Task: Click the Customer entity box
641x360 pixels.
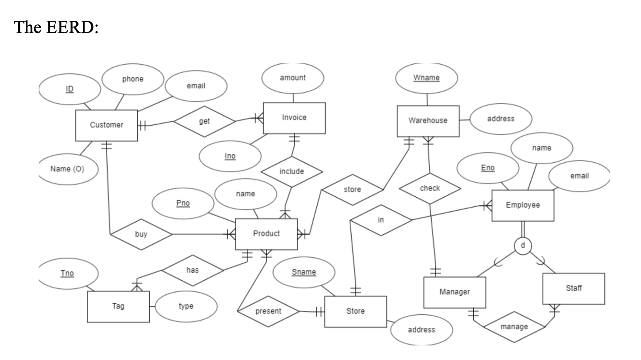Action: tap(106, 125)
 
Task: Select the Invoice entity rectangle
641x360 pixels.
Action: tap(294, 118)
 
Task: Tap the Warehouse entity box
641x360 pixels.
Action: tap(428, 121)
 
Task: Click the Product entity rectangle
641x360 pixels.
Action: tap(266, 234)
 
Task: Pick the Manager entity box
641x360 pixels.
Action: tap(454, 292)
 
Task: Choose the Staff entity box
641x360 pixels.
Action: tap(573, 289)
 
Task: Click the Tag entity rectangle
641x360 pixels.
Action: tap(118, 307)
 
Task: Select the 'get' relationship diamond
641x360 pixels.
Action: tap(204, 121)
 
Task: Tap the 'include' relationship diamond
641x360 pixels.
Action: tap(292, 172)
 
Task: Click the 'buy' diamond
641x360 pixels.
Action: tap(141, 234)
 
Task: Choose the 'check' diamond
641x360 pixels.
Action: tap(430, 188)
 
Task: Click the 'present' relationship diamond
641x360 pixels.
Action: tap(268, 311)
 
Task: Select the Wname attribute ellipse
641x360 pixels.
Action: tap(426, 78)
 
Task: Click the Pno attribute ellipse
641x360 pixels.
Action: tap(183, 203)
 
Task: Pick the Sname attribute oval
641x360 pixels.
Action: tap(304, 272)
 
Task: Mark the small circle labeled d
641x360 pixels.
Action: tap(523, 245)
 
